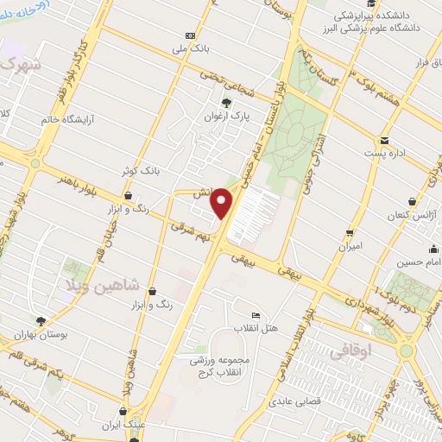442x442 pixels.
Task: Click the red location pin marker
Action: coord(224,203)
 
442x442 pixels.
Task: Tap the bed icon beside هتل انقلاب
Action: coord(254,315)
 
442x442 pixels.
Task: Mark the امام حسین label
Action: coord(420,262)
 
